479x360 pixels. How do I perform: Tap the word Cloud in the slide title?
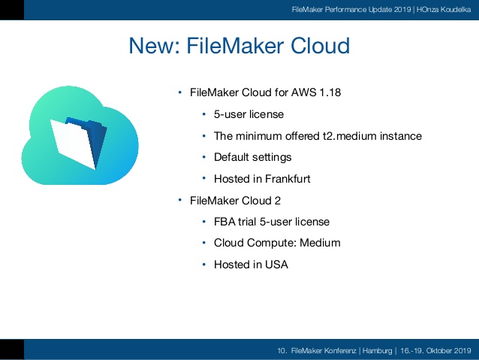point(320,46)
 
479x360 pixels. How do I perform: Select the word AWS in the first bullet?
point(303,92)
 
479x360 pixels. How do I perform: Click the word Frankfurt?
point(288,179)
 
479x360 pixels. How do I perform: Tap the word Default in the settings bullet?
point(231,157)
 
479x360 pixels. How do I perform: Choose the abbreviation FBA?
point(224,222)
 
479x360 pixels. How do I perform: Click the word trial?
point(247,222)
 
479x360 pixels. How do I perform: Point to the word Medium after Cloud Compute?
point(320,243)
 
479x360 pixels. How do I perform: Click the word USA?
point(276,265)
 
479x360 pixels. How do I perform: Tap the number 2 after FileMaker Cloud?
point(277,201)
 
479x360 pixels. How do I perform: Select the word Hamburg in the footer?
point(378,350)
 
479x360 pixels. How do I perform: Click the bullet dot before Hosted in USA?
point(203,265)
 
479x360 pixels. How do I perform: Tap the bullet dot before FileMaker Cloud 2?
point(180,201)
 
